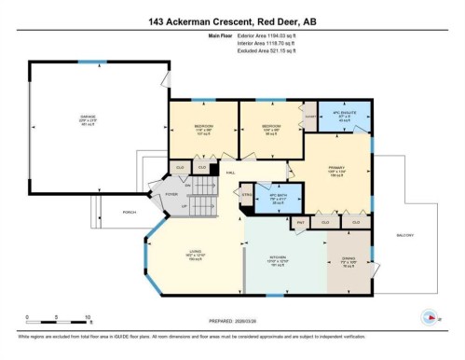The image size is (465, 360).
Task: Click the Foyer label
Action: pyautogui.click(x=171, y=194)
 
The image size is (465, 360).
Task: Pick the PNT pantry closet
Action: pyautogui.click(x=301, y=223)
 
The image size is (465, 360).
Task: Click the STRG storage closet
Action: pyautogui.click(x=247, y=195)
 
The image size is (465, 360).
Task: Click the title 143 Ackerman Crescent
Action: pyautogui.click(x=232, y=21)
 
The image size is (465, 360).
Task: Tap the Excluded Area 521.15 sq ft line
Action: pyautogui.click(x=258, y=51)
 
